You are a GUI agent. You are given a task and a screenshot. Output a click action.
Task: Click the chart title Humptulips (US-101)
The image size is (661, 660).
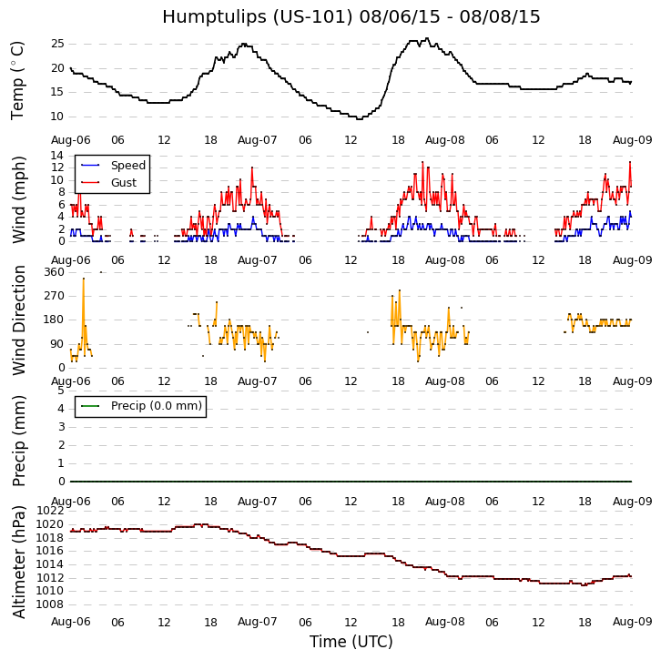351,17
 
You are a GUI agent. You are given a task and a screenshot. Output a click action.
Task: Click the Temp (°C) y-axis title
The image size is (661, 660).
18,80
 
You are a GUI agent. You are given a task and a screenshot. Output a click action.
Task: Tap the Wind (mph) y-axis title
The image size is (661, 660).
19,198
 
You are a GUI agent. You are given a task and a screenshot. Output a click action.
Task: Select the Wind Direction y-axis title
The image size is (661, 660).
19,320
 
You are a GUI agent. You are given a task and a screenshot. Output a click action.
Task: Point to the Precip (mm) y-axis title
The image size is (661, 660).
19,440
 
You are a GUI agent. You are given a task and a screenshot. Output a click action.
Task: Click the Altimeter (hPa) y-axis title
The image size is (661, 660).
19,562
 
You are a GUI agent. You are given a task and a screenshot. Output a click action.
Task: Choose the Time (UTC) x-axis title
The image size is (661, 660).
351,642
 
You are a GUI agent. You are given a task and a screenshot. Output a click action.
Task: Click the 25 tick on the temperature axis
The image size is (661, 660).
57,44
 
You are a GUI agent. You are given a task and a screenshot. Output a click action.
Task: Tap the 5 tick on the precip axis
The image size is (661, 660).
60,391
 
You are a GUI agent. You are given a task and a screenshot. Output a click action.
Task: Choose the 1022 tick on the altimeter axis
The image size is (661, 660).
50,511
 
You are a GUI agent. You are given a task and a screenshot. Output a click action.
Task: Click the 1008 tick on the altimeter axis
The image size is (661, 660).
50,604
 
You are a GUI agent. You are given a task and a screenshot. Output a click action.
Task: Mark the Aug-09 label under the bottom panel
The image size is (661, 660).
632,623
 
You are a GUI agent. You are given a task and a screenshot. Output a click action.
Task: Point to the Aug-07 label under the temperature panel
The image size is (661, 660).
258,140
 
